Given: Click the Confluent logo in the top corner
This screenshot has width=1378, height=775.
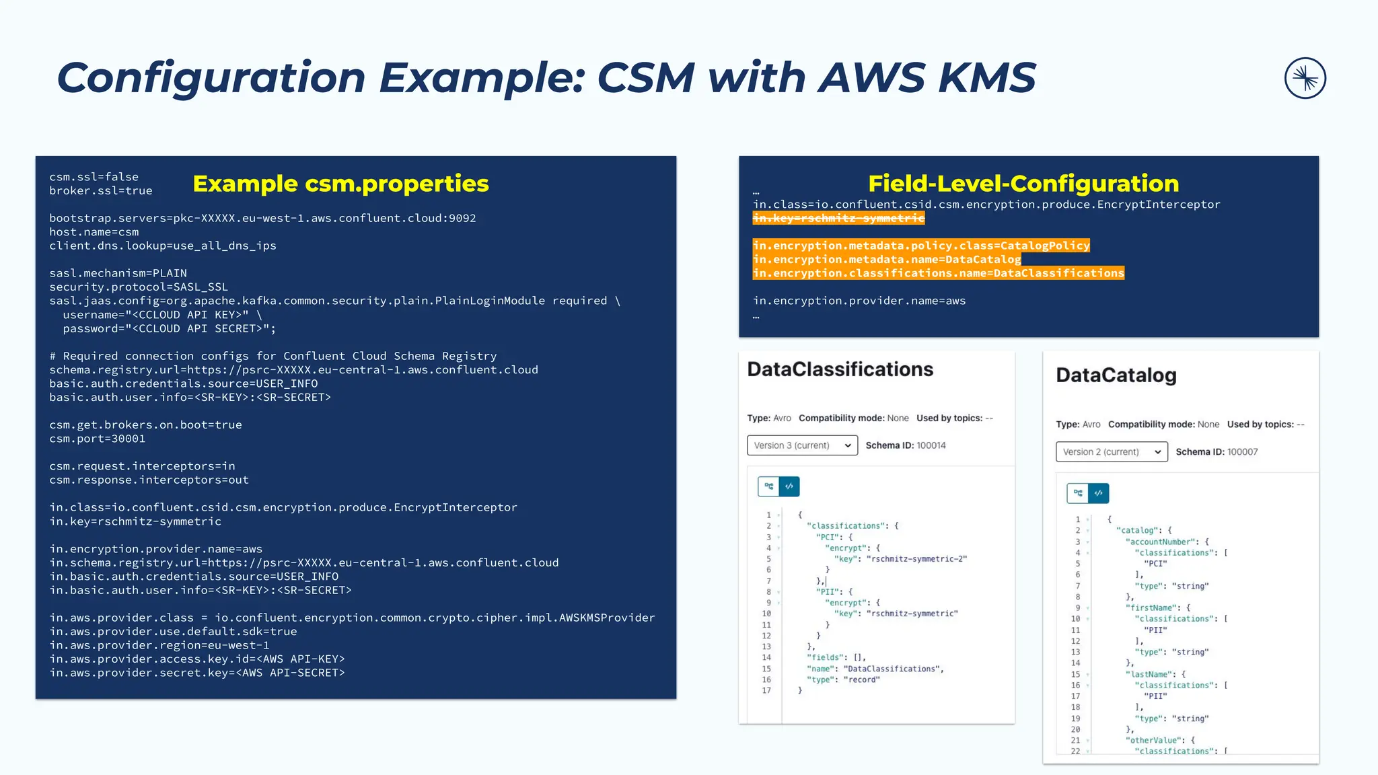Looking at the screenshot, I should click(1305, 78).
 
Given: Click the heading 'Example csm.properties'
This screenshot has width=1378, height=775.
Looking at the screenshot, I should click(340, 184).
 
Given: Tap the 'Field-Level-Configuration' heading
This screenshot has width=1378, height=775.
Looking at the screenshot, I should click(1023, 184).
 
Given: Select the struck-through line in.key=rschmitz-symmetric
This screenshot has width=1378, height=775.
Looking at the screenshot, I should click(838, 219).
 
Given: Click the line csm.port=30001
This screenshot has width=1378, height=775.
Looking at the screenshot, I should click(97, 439).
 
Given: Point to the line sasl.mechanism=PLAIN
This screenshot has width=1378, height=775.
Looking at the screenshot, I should click(118, 273).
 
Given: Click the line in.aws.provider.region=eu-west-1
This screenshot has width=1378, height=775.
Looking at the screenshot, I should click(159, 645).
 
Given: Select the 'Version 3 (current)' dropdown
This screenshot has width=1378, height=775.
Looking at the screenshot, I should click(802, 445).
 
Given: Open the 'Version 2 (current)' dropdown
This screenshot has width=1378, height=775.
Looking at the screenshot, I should click(1111, 452).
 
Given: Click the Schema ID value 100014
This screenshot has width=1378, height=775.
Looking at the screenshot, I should click(931, 445).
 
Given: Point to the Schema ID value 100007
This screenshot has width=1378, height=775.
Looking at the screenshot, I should click(1242, 452).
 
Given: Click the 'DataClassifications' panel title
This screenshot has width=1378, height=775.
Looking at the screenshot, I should click(840, 369).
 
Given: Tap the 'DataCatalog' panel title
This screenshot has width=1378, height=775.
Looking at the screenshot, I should click(1116, 375).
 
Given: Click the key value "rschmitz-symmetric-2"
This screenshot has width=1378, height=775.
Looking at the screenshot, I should click(916, 559).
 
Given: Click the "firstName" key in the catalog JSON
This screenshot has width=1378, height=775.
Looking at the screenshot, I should click(1152, 607).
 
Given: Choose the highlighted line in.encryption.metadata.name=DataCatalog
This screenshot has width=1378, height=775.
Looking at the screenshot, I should click(887, 260).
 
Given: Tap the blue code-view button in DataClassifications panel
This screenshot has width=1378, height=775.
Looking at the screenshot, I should click(789, 486).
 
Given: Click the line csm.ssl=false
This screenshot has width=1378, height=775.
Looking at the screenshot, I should click(94, 177).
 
